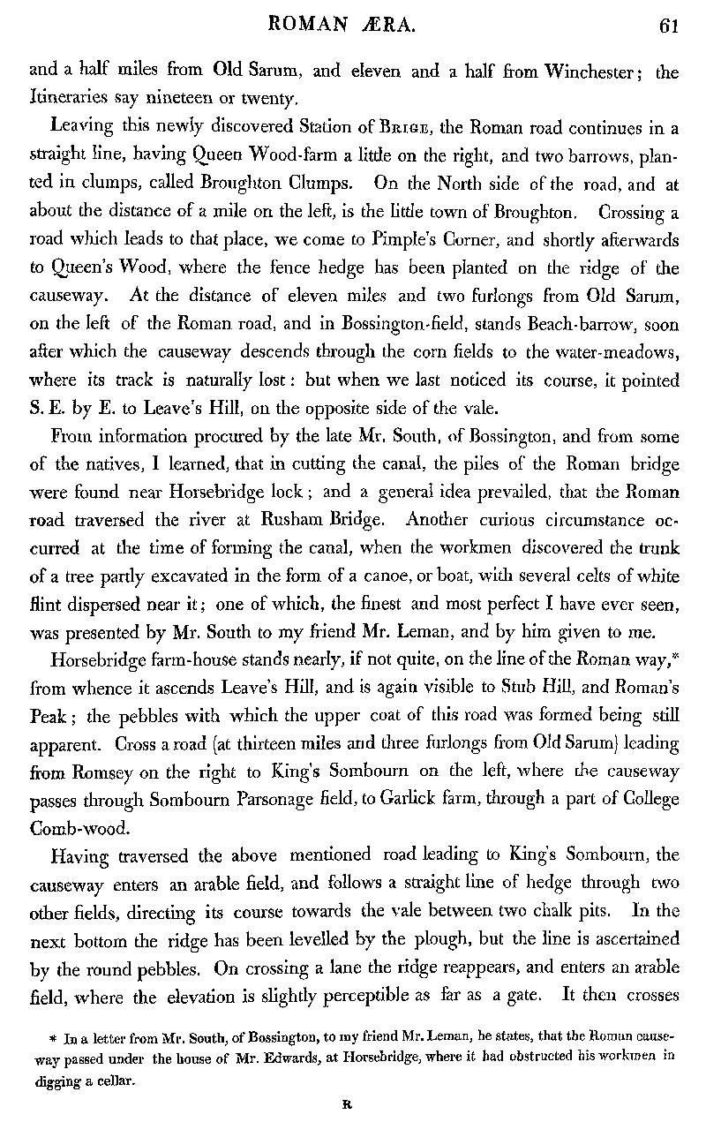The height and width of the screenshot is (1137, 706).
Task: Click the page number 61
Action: [x=668, y=26]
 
